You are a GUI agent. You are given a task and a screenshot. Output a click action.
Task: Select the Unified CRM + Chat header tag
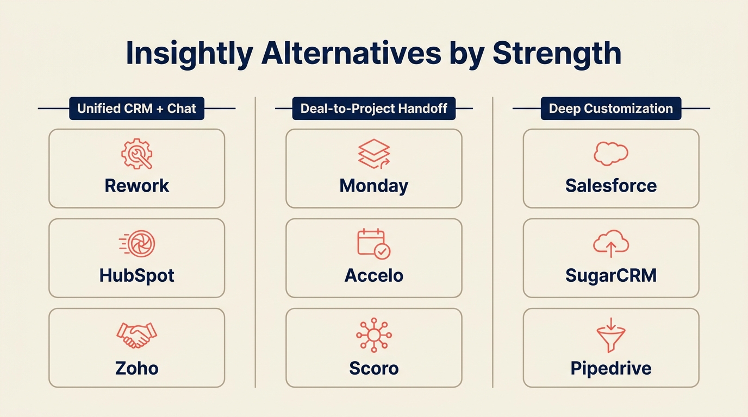pos(136,109)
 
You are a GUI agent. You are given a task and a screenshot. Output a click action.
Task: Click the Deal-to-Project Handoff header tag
pos(374,109)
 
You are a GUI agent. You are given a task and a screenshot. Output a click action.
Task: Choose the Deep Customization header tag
pos(611,109)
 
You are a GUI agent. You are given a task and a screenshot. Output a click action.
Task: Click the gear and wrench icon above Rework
pos(136,154)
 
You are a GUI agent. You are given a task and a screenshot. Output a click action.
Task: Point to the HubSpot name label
pos(136,275)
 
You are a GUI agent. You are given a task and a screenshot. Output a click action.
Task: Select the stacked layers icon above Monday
pos(374,154)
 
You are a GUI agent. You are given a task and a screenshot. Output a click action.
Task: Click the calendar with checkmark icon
pos(374,244)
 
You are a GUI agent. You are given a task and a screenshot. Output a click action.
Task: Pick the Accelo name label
pos(374,275)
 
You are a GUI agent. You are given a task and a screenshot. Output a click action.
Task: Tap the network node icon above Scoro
pos(374,335)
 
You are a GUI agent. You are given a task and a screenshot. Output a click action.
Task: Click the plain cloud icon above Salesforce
pos(611,154)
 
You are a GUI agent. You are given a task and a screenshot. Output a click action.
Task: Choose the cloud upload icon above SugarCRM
pos(611,244)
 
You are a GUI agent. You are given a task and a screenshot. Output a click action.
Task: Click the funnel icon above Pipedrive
pos(611,336)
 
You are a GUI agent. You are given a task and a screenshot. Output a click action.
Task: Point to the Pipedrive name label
pos(611,368)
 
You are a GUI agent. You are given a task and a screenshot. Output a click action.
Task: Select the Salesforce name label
pos(611,186)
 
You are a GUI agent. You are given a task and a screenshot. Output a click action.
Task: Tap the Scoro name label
pos(374,368)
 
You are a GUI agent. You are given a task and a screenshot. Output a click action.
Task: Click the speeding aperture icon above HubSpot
pos(138,244)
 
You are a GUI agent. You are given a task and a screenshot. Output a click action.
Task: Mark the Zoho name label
pos(136,368)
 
